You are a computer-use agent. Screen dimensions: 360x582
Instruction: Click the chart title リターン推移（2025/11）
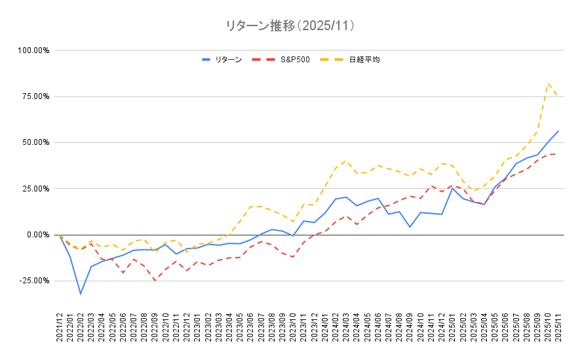(290, 26)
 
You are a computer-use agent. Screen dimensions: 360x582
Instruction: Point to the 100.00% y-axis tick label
(32, 50)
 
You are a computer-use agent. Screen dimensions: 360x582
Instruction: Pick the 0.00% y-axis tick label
(36, 235)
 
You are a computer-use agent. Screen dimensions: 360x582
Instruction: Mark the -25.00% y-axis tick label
(33, 281)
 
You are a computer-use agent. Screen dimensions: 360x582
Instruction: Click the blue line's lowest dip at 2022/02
(81, 293)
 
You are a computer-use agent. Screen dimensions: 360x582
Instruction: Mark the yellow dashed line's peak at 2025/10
(548, 83)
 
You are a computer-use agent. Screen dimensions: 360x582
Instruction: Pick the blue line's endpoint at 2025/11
(558, 130)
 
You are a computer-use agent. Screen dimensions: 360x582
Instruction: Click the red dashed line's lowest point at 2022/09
(155, 281)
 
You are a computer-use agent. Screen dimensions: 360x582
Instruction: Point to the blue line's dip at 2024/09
(410, 227)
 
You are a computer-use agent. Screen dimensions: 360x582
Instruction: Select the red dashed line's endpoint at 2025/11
(558, 154)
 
